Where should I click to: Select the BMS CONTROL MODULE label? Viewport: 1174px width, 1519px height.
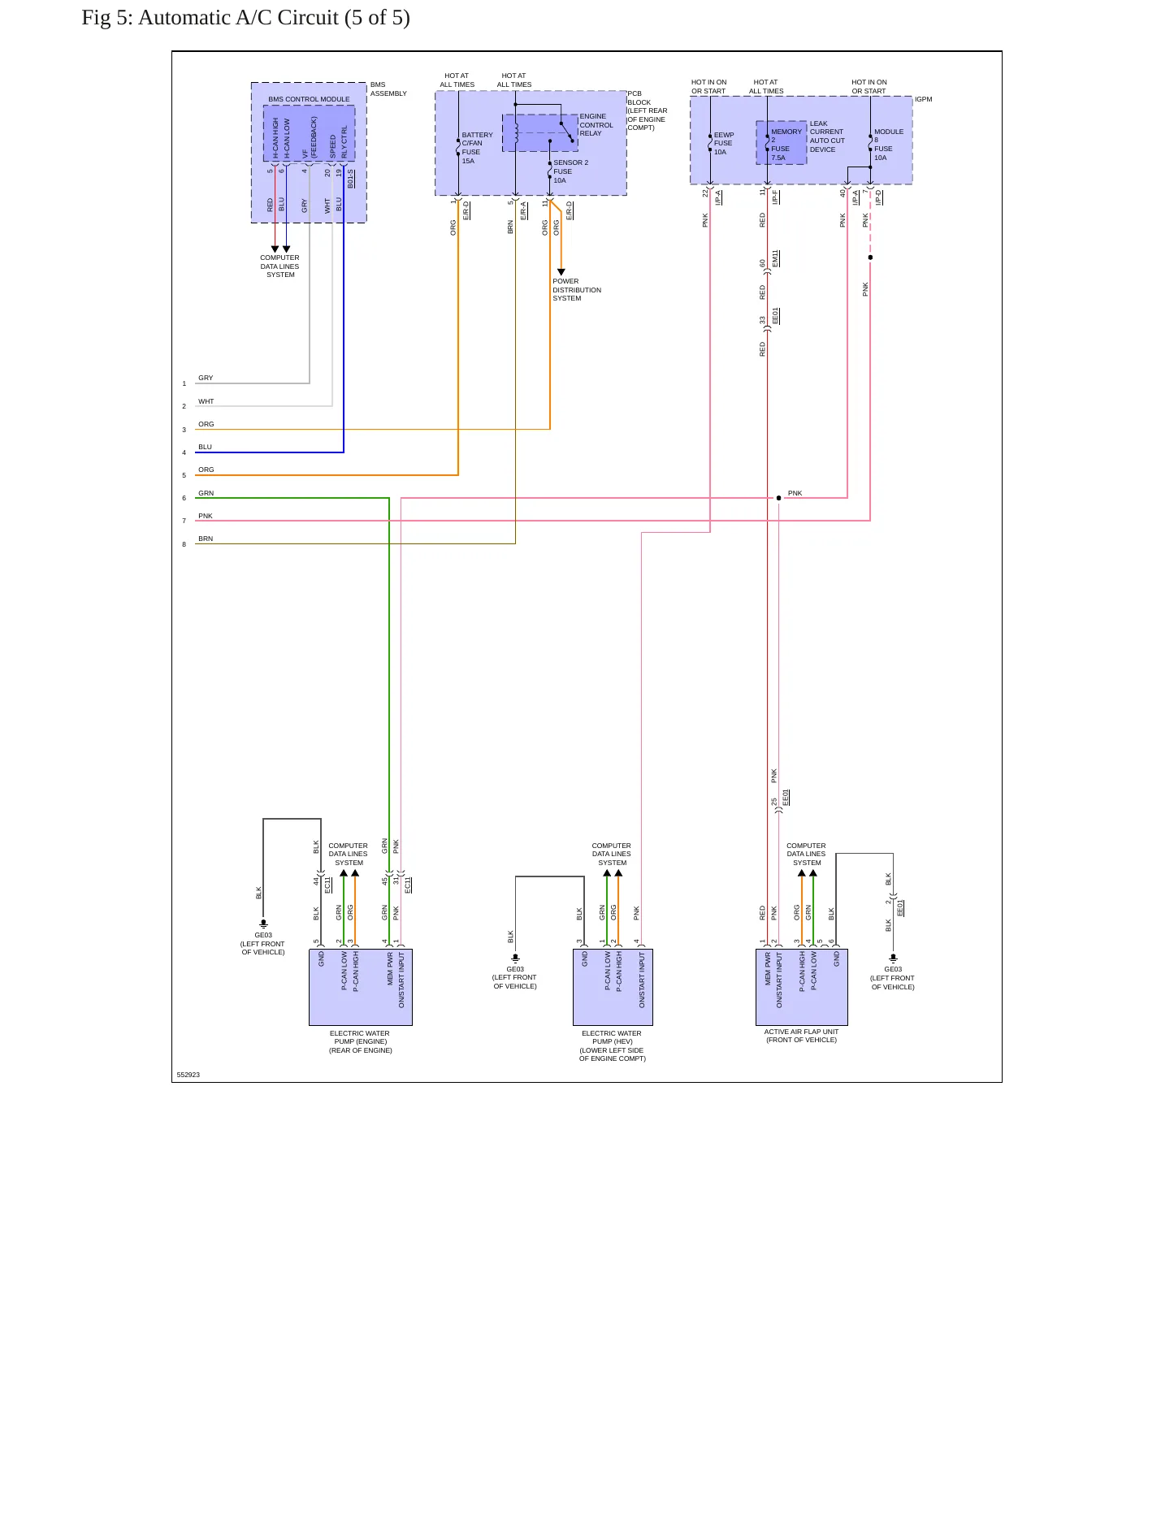point(309,99)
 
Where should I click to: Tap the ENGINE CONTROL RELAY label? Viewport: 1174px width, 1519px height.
point(596,125)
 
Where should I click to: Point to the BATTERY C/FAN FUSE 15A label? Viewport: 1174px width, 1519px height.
point(477,148)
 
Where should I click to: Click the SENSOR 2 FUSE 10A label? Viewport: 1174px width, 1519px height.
point(570,171)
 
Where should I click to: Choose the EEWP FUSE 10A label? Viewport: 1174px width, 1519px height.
point(723,143)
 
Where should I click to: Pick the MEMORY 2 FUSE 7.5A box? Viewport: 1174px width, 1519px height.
point(782,143)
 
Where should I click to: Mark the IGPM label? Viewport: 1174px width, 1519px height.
point(924,99)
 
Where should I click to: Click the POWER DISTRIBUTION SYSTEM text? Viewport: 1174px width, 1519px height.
point(577,290)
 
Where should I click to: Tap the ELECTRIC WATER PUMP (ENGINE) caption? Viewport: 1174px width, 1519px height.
point(360,1042)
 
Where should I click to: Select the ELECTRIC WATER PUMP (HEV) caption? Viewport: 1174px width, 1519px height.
point(612,1046)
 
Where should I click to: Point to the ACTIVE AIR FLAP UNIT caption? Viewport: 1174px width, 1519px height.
point(801,1036)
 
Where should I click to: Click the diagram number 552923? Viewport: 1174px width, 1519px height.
point(188,1075)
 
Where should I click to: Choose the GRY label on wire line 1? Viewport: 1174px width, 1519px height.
point(206,378)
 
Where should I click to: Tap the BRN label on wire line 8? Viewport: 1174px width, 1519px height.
point(206,539)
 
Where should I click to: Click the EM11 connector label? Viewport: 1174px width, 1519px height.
point(775,258)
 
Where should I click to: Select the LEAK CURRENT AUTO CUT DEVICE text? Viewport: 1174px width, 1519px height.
point(827,136)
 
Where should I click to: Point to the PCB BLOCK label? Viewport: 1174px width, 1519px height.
point(647,110)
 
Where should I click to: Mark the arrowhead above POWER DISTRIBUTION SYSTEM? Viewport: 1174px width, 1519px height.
point(561,272)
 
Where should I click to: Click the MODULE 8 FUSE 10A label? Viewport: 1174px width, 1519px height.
point(888,145)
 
